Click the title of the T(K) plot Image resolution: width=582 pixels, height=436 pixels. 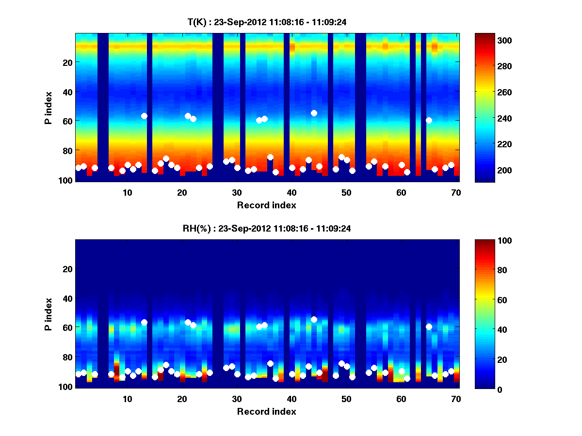tap(266, 22)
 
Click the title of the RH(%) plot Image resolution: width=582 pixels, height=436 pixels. tap(266, 229)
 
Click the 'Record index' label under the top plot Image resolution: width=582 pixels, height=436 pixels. tap(266, 205)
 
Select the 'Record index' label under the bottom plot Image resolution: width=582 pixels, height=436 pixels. tap(266, 411)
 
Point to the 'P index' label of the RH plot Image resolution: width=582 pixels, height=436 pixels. tap(48, 314)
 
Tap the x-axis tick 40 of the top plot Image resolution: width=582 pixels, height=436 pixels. tap(291, 192)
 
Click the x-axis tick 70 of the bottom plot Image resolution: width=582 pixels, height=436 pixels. tap(456, 398)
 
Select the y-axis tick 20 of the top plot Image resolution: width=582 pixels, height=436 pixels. tap(67, 62)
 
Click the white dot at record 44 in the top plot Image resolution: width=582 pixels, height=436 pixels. tap(314, 113)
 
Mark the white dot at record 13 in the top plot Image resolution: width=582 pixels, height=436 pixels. tap(144, 116)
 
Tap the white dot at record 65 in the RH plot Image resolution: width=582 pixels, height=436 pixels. tap(429, 327)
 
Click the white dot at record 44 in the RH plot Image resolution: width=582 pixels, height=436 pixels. tap(314, 319)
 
